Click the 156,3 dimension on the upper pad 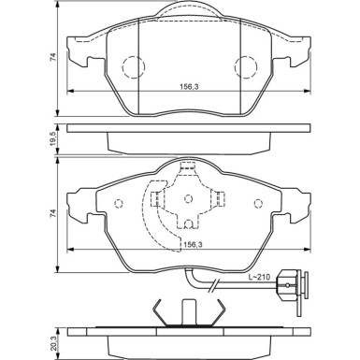[188, 85]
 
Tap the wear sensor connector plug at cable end [305, 284]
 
